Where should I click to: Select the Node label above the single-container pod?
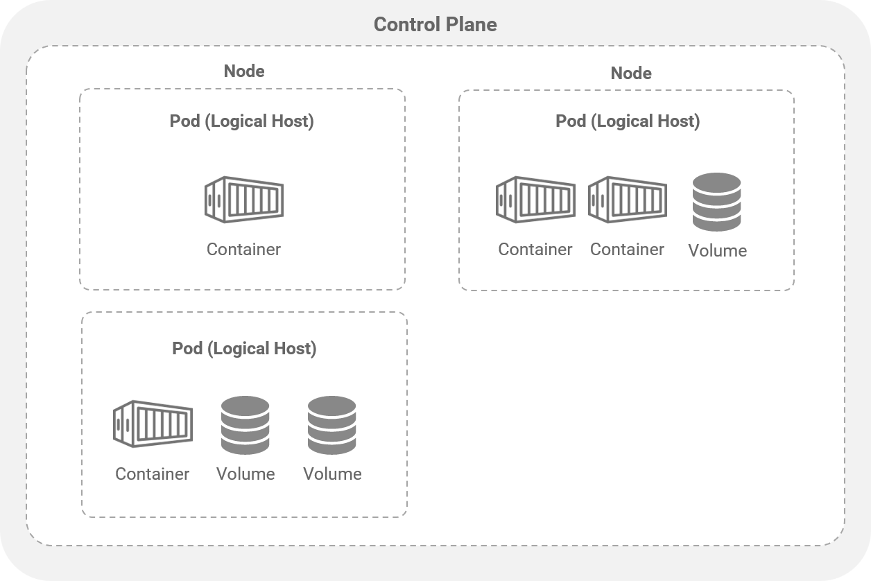tap(244, 71)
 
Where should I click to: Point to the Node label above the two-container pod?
tap(631, 73)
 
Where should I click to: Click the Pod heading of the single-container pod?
tap(241, 121)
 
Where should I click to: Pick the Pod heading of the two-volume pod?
tap(244, 348)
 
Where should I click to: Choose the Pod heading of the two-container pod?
tap(628, 121)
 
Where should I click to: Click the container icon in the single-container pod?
tap(244, 200)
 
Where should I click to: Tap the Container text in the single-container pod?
tap(243, 250)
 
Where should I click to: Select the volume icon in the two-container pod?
tap(717, 202)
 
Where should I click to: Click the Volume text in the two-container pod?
tap(717, 251)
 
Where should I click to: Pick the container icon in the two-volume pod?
tap(153, 424)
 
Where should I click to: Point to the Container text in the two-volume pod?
tap(152, 474)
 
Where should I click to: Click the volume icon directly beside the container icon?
tap(245, 425)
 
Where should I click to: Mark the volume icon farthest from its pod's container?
tap(332, 425)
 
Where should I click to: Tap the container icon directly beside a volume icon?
tap(628, 200)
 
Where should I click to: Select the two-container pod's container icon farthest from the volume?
tap(535, 200)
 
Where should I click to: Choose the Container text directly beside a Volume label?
tap(627, 250)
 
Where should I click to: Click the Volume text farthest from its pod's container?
tap(332, 474)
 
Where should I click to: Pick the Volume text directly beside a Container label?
tap(245, 474)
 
